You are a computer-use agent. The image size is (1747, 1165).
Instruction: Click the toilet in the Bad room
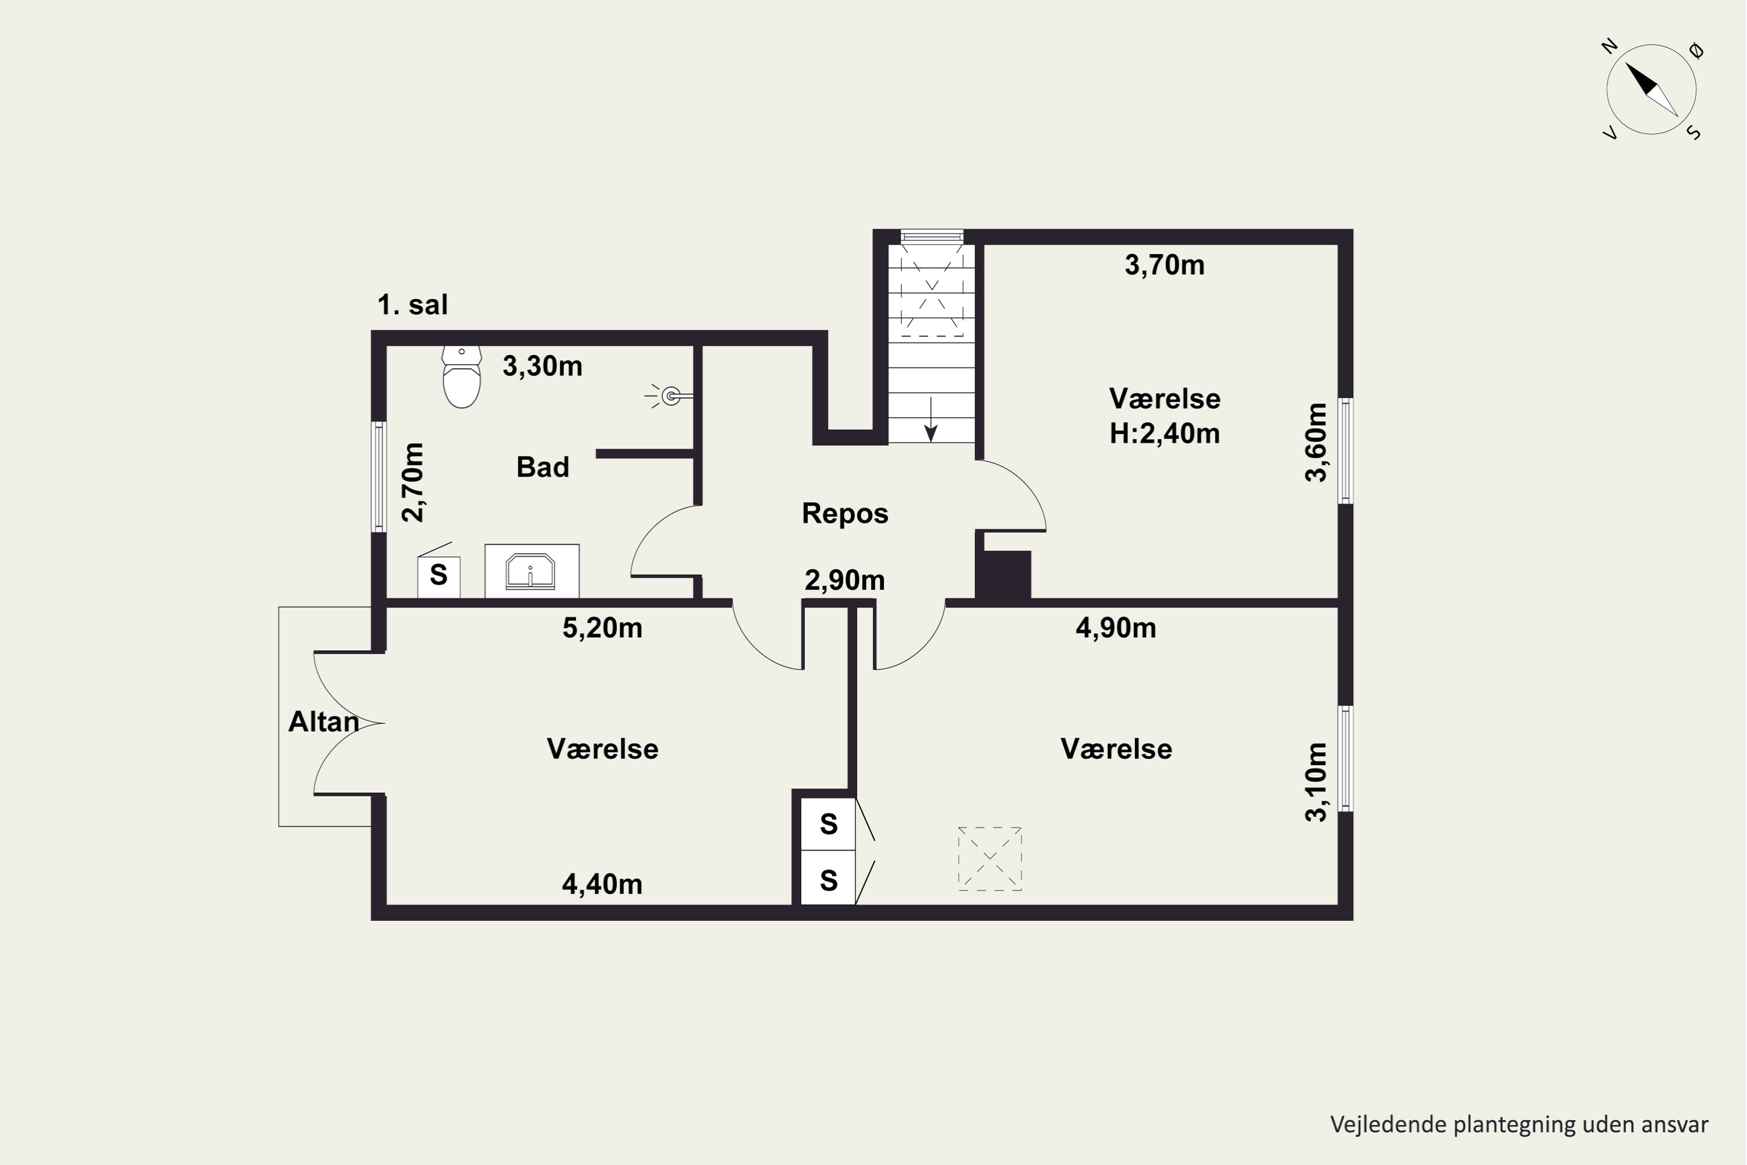461,377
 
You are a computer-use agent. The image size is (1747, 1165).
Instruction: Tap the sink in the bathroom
531,571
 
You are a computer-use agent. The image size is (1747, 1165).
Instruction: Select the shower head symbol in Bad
669,396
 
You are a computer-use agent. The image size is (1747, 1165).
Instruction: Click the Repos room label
844,513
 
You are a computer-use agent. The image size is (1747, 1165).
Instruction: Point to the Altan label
323,722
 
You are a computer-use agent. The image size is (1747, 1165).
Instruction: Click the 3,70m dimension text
1164,265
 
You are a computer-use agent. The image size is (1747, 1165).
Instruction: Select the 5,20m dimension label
602,629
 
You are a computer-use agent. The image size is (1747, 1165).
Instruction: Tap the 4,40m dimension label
602,884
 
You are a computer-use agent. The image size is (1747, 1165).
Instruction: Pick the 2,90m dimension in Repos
844,580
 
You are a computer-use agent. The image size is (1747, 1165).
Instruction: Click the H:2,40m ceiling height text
1164,433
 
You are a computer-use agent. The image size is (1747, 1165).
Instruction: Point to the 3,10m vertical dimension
1315,782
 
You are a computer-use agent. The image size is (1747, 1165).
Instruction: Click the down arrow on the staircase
931,420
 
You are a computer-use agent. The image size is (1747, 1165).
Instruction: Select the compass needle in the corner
1651,90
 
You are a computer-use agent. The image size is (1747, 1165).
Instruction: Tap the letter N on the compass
1609,46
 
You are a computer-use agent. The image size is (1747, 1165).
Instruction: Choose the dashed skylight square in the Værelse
989,858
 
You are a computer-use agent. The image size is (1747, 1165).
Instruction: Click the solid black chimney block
1003,574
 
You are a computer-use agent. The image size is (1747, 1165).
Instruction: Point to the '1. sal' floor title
412,305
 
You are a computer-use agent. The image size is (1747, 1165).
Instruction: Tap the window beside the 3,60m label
1345,451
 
